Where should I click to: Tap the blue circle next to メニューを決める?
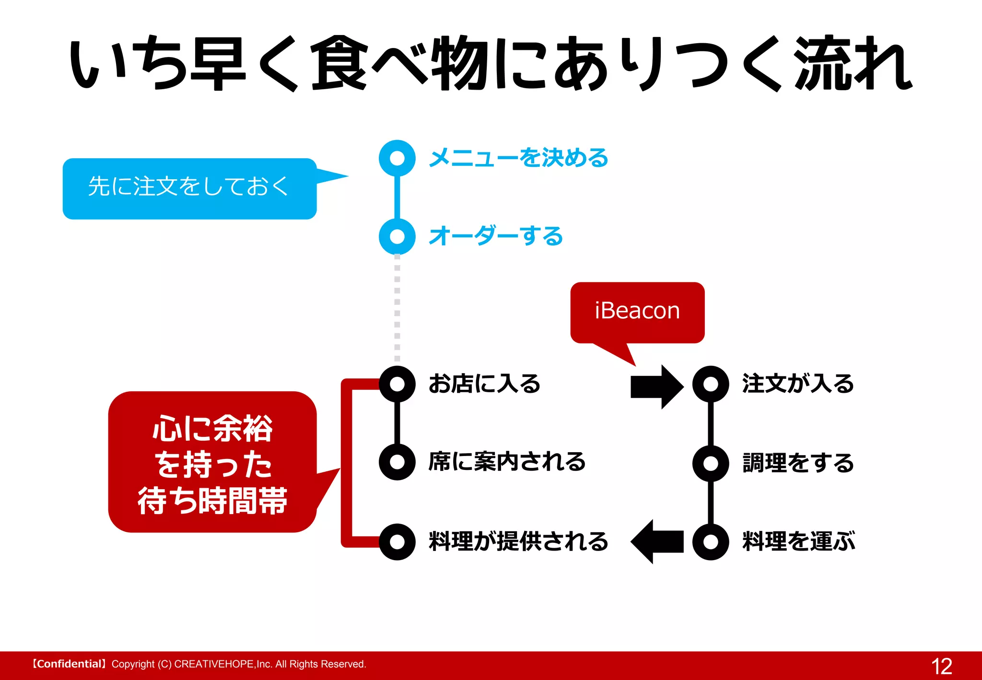[397, 158]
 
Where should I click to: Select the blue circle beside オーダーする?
[397, 236]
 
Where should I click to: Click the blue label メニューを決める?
[518, 158]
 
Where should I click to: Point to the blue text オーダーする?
[496, 236]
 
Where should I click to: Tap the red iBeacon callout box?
[637, 312]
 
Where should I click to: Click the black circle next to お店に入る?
[397, 384]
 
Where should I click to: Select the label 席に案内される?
[507, 462]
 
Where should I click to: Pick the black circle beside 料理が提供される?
[397, 542]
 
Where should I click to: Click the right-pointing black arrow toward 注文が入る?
[656, 387]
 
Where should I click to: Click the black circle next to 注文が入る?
[711, 384]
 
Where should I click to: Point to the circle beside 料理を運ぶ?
[711, 542]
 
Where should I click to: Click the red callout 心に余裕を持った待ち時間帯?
[212, 463]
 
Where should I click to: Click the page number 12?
[941, 666]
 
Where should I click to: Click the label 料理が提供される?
[518, 542]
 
